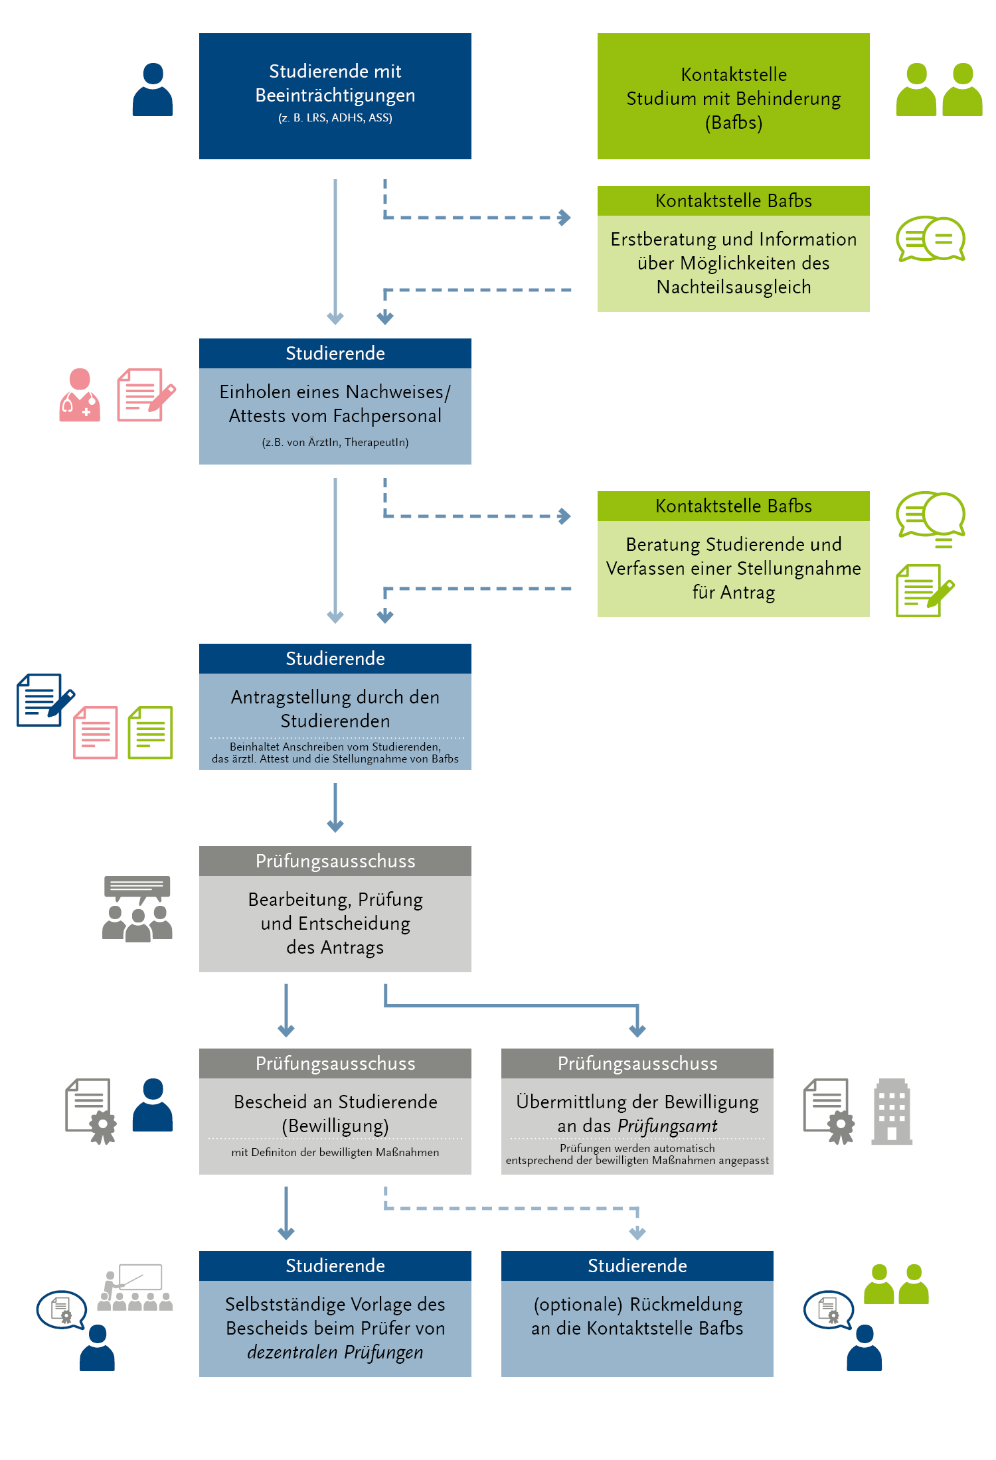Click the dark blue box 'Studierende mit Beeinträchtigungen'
(335, 96)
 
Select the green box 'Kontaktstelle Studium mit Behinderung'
(734, 96)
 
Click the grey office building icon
(892, 1112)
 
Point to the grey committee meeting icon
(137, 909)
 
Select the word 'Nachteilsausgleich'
(734, 287)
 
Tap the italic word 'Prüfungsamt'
(668, 1126)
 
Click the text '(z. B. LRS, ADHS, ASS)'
(335, 118)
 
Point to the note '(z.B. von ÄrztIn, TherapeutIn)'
(335, 443)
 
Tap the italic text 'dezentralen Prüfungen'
(335, 1352)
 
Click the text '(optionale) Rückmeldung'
(638, 1305)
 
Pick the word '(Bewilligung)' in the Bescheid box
(335, 1126)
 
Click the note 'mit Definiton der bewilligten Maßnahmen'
(335, 1153)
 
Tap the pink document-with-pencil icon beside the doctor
(146, 395)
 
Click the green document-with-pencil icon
(925, 591)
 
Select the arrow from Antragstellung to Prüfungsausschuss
(335, 808)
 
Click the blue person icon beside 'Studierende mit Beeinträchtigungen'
(153, 90)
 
